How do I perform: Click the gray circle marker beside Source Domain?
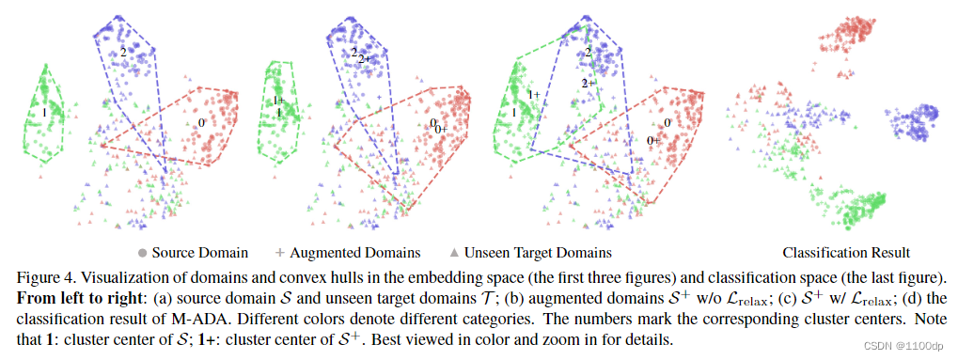pyautogui.click(x=142, y=253)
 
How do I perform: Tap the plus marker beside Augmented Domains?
pyautogui.click(x=279, y=253)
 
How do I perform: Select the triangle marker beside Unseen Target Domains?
pyautogui.click(x=454, y=253)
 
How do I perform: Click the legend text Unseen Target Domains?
pyautogui.click(x=539, y=253)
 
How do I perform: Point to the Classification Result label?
pyautogui.click(x=845, y=253)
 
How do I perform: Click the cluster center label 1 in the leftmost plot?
pyautogui.click(x=43, y=113)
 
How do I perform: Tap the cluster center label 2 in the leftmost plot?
pyautogui.click(x=123, y=52)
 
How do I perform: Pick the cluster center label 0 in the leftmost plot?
pyautogui.click(x=201, y=123)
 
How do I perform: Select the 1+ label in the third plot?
pyautogui.click(x=534, y=94)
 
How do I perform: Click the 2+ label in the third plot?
pyautogui.click(x=588, y=83)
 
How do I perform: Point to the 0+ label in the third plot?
pyautogui.click(x=653, y=140)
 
